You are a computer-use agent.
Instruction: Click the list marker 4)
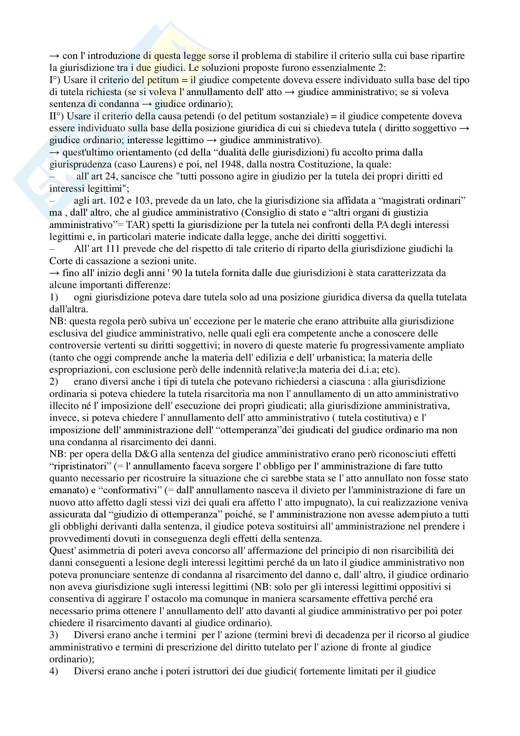coord(53,671)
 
